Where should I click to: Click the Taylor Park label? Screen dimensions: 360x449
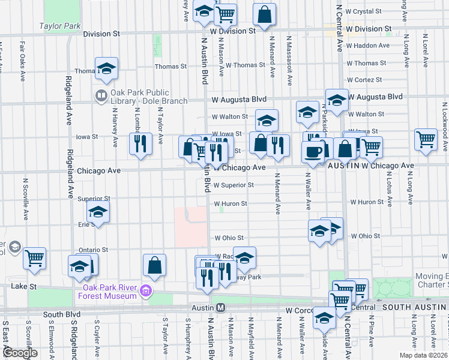(x=60, y=26)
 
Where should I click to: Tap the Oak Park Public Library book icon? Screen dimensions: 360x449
(x=101, y=95)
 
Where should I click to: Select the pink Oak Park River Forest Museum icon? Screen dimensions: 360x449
(x=145, y=292)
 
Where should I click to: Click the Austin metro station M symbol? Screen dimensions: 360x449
(x=220, y=308)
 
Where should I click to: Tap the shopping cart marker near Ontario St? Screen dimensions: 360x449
(x=35, y=259)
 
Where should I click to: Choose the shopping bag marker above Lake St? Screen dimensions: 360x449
(x=155, y=265)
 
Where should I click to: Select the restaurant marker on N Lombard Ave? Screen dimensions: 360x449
(x=140, y=144)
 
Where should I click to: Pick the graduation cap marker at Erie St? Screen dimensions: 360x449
(x=98, y=212)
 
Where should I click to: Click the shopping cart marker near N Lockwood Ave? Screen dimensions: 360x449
(x=426, y=139)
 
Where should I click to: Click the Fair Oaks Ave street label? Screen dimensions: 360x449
(x=23, y=61)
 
